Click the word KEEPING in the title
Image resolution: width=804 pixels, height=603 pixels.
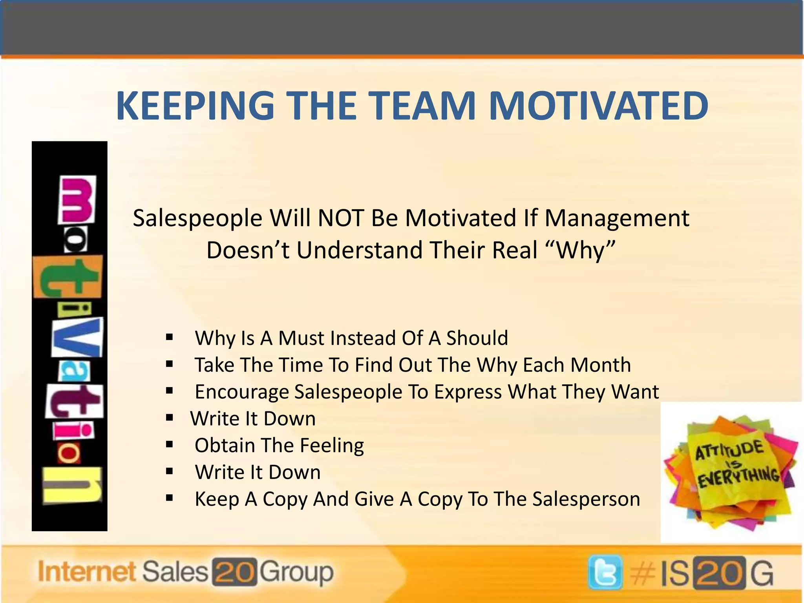[x=195, y=106]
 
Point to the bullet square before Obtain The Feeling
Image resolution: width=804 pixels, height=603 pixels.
[x=170, y=445]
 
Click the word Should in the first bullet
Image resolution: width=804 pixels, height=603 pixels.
[x=477, y=338]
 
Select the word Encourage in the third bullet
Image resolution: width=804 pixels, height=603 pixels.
[x=241, y=392]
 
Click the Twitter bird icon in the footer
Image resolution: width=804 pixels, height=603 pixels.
[x=605, y=572]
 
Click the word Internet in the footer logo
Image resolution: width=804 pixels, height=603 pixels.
[x=87, y=572]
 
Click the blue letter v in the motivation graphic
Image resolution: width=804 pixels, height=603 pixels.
[x=77, y=337]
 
